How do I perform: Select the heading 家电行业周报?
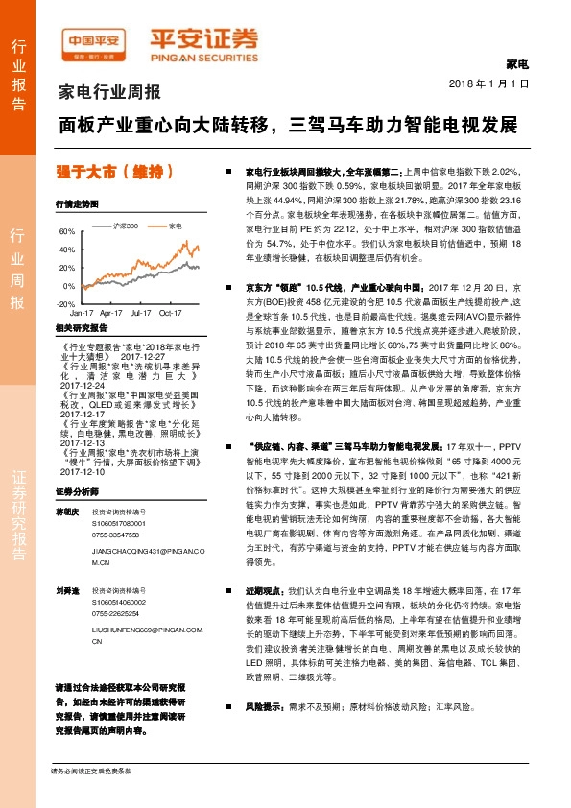point(110,93)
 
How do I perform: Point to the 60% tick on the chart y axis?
point(67,231)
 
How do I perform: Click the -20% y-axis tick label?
point(66,303)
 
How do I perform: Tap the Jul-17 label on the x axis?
point(140,313)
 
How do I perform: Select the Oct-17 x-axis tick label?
point(171,313)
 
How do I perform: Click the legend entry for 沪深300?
point(122,226)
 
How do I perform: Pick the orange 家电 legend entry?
point(170,226)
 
